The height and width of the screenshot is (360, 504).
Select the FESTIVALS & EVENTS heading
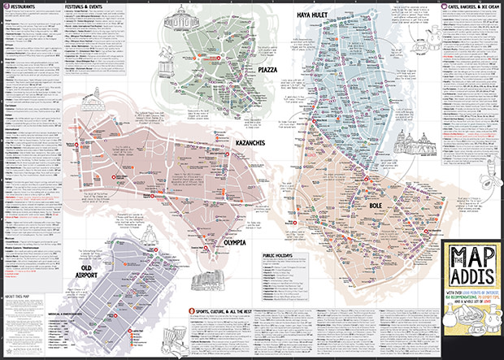point(89,5)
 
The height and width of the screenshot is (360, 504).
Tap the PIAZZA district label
point(267,70)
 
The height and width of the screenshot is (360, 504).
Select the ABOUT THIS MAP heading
point(20,297)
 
